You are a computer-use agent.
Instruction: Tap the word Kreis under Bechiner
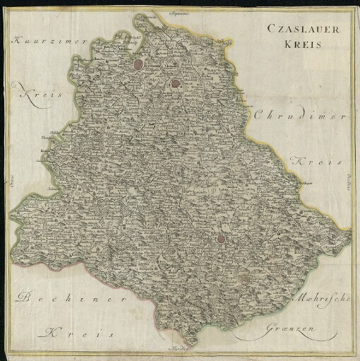(71, 331)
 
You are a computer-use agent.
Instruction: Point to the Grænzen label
(292, 329)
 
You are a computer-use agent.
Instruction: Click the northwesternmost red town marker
(138, 65)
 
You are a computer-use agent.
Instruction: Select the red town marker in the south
(221, 239)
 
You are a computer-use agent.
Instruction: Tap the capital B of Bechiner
(26, 297)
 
